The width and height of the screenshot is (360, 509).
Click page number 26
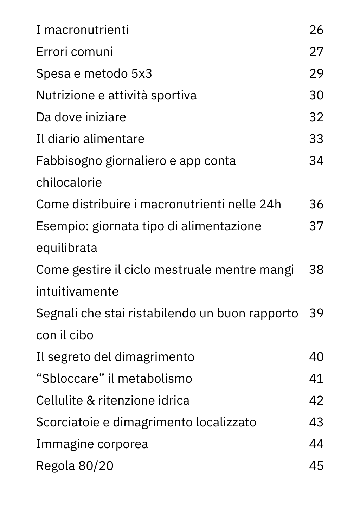tap(316, 30)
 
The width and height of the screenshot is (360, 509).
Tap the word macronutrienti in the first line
tap(86, 30)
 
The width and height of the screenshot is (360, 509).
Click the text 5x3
tap(142, 74)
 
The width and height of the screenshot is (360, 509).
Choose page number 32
tap(316, 117)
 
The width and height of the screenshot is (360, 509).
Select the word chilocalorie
tap(69, 183)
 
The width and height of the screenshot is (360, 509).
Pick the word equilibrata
tap(67, 248)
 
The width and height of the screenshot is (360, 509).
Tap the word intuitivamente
tap(77, 292)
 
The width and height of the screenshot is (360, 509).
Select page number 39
tap(316, 314)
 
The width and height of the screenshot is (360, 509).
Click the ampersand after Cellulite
tap(90, 401)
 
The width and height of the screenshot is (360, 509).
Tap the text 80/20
tap(96, 466)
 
